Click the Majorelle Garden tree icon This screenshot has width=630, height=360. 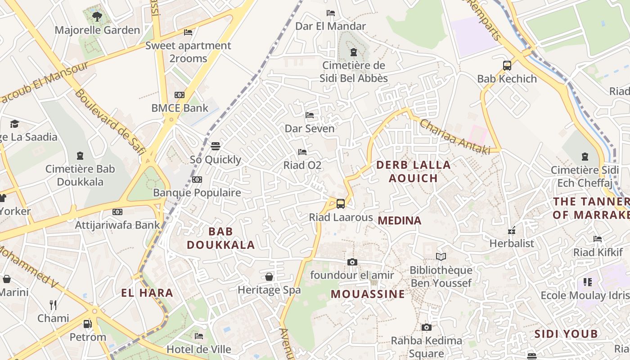click(x=96, y=17)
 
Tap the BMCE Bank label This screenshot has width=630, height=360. click(x=180, y=108)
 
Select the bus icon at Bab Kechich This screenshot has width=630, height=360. click(x=507, y=66)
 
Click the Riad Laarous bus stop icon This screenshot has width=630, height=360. click(x=341, y=204)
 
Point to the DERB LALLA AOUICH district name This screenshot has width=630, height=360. click(x=413, y=171)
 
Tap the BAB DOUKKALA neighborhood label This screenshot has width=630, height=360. click(x=220, y=238)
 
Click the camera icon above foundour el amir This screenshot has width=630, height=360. click(x=352, y=262)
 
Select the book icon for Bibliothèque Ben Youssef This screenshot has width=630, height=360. click(x=441, y=257)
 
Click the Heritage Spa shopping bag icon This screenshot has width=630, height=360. click(x=269, y=277)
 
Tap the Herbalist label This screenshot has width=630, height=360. click(x=512, y=243)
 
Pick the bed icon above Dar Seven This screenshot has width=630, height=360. click(x=310, y=115)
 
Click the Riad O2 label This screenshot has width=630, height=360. click(x=302, y=165)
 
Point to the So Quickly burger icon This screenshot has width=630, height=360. click(x=216, y=146)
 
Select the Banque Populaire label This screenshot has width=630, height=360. click(x=197, y=193)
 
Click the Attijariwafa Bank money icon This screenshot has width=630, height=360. click(x=117, y=212)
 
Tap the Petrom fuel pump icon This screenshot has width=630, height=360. click(x=88, y=324)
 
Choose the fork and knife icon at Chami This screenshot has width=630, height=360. click(x=53, y=305)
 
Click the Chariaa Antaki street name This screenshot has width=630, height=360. click(x=454, y=137)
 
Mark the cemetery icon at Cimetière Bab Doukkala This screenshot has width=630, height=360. click(x=80, y=156)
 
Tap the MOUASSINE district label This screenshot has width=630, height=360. click(x=368, y=294)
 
